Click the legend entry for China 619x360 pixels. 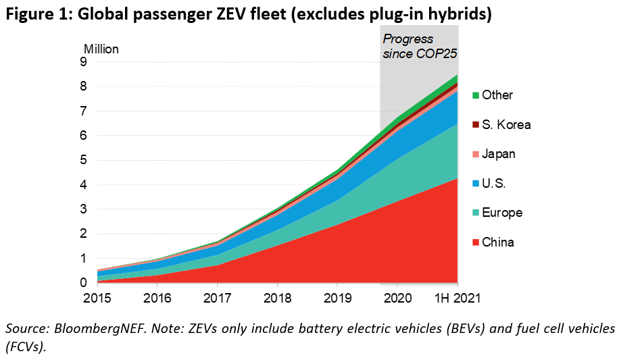[x=497, y=242]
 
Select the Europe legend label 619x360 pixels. [x=501, y=213]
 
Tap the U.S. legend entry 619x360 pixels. [x=494, y=184]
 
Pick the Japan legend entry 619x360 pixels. [x=499, y=154]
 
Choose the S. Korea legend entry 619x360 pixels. [x=505, y=125]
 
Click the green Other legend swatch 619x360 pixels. [x=475, y=95]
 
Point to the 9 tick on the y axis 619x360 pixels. [x=83, y=62]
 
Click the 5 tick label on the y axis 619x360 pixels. [x=83, y=160]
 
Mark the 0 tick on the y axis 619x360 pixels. [x=83, y=283]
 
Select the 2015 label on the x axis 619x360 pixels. [x=97, y=297]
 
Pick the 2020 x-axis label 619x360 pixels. [x=399, y=297]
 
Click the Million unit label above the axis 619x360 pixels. [x=101, y=49]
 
